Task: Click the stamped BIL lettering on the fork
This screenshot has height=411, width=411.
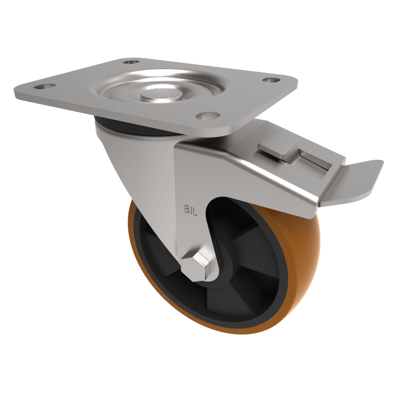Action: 191,209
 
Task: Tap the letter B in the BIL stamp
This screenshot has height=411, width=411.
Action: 187,209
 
